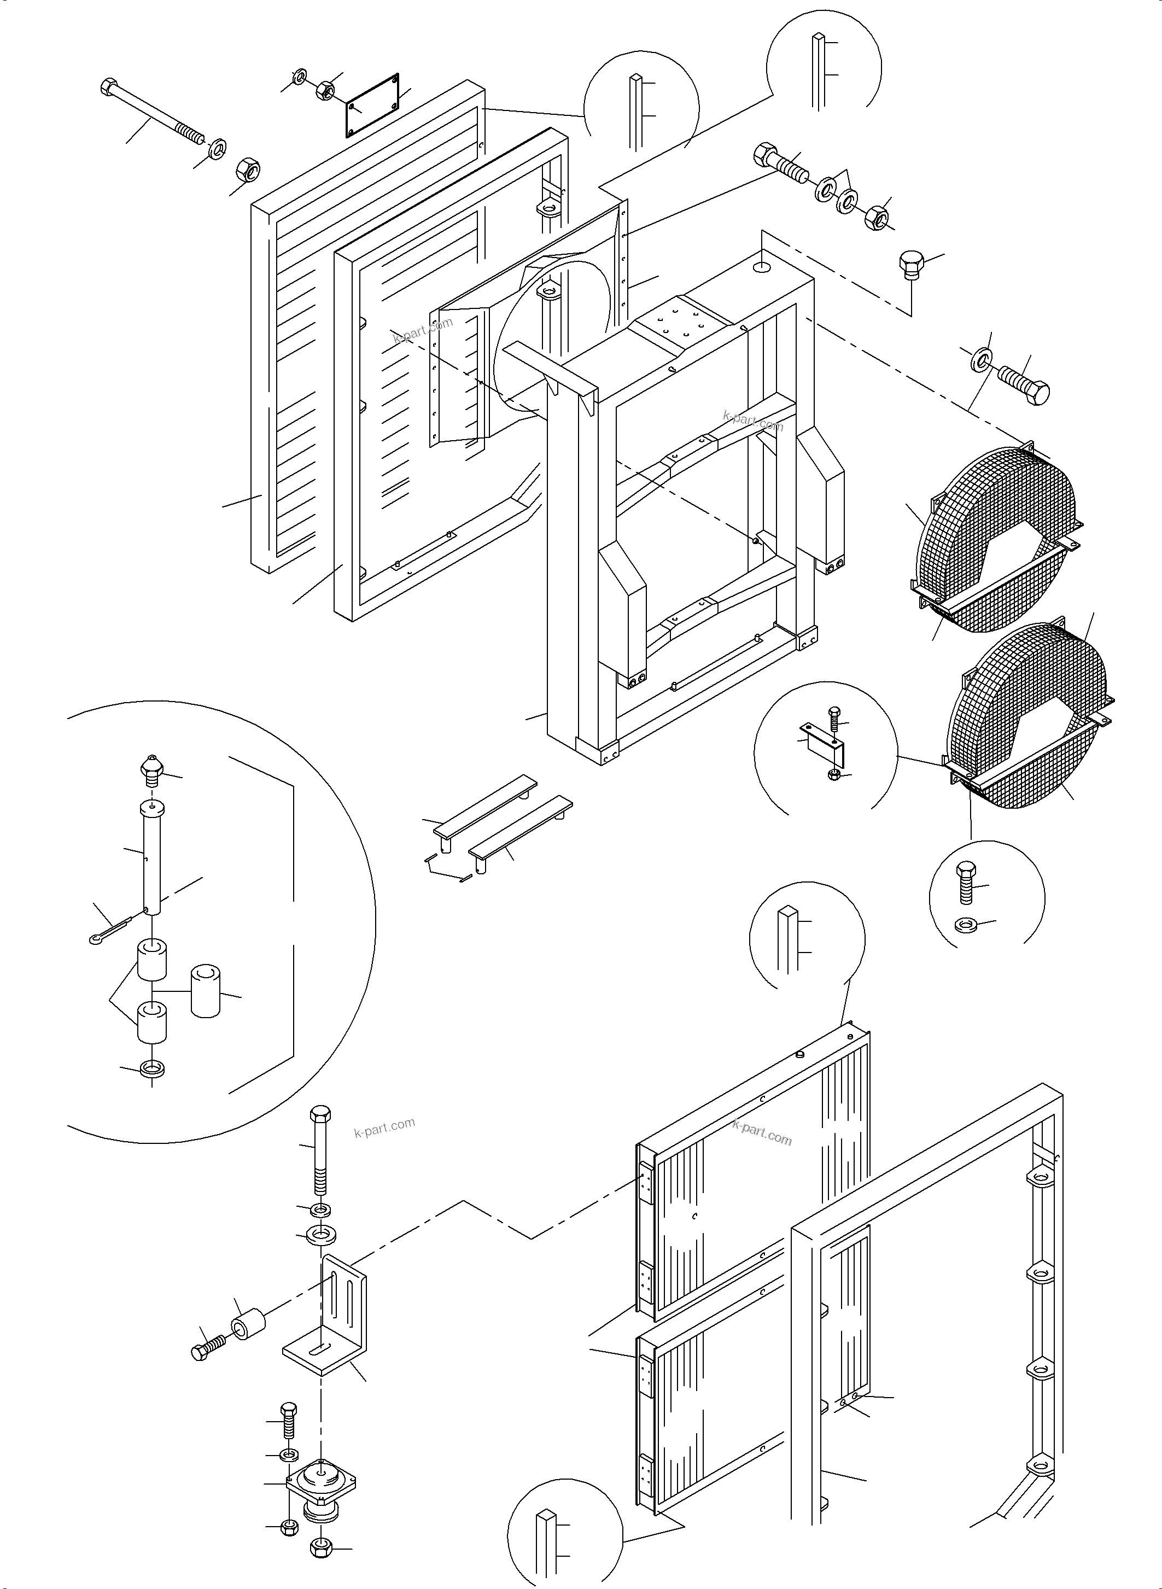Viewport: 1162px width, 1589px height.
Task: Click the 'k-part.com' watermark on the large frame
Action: pyautogui.click(x=752, y=420)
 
